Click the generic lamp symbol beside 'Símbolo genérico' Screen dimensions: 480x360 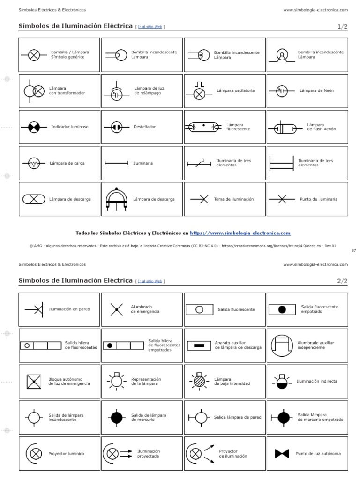(x=34, y=55)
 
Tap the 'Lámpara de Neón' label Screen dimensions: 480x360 (x=316, y=90)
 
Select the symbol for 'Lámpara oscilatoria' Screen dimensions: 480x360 (x=200, y=92)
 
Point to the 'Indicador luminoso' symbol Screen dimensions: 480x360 (x=34, y=127)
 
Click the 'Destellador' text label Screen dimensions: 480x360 (x=144, y=127)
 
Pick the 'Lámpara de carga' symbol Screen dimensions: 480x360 (x=34, y=164)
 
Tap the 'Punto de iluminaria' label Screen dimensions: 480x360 (x=318, y=199)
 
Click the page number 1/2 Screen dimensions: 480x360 (x=342, y=27)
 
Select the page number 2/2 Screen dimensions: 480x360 (x=342, y=281)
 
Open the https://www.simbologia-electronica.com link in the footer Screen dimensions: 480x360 (x=240, y=233)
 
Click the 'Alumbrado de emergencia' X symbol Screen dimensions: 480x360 (x=116, y=309)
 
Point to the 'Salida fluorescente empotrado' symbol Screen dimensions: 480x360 (x=282, y=309)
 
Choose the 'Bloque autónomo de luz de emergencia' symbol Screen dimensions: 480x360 (x=34, y=382)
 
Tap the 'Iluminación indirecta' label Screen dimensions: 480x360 (x=317, y=381)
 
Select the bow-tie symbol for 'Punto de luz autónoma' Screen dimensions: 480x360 (x=282, y=454)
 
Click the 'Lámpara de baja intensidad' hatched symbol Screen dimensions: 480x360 (x=200, y=381)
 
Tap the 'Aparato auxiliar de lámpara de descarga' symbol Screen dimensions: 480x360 (x=199, y=345)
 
